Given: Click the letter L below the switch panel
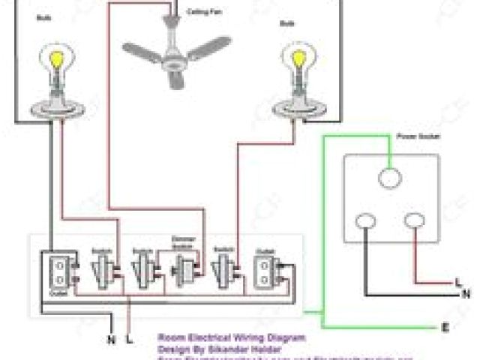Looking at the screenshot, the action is click(131, 338).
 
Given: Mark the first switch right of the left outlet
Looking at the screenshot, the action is click(102, 267).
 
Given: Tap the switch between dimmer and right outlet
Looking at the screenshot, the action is click(223, 267).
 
